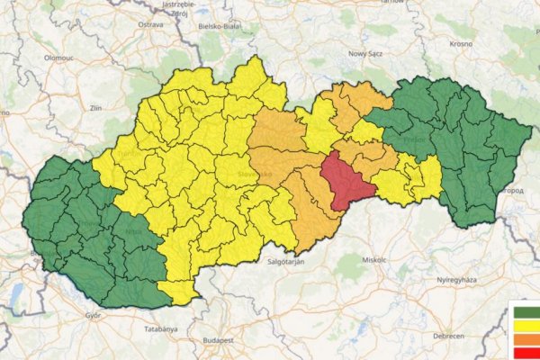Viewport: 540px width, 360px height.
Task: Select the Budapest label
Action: [x=219, y=341]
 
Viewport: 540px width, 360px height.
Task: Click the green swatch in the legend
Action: [x=526, y=313]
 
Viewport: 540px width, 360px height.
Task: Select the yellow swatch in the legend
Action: [x=526, y=326]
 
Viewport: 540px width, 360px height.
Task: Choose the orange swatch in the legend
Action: [x=526, y=339]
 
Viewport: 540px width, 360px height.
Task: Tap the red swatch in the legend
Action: [x=526, y=352]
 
